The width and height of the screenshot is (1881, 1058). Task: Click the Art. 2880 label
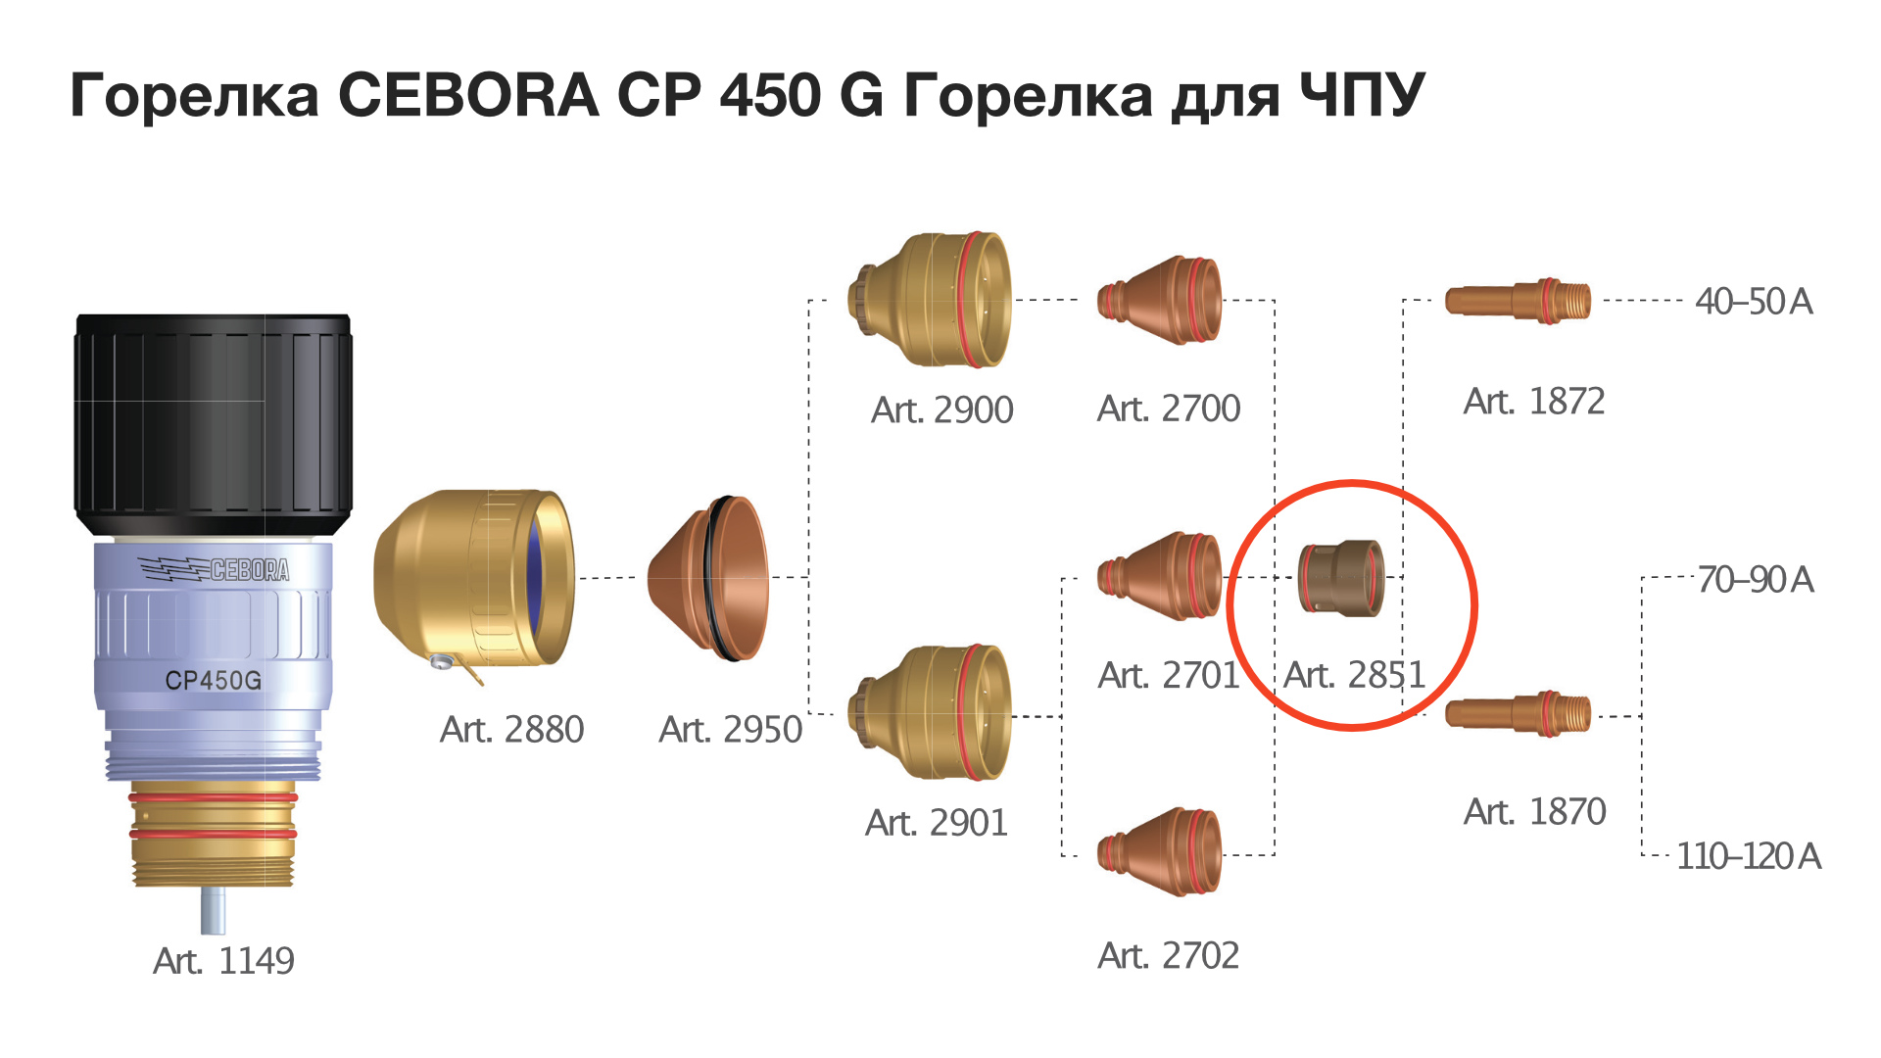[x=511, y=729]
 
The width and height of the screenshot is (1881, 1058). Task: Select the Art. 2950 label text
[x=730, y=729]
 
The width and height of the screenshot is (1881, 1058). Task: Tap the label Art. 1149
[x=223, y=960]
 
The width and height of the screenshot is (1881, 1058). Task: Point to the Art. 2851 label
[x=1354, y=674]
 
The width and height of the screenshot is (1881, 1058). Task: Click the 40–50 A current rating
[x=1754, y=301]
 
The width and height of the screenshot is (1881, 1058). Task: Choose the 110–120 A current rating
[x=1749, y=855]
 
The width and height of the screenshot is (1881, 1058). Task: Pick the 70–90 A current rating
[x=1756, y=579]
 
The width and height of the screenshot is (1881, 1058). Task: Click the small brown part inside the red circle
[x=1341, y=577]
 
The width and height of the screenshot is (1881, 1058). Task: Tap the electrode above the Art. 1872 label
[x=1518, y=301]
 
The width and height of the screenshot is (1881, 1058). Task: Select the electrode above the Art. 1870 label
[x=1518, y=713]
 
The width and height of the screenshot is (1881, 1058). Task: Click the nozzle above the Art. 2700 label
[x=1159, y=300]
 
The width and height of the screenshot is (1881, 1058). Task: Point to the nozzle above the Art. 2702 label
[x=1159, y=851]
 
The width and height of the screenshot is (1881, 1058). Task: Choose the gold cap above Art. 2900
[x=929, y=300]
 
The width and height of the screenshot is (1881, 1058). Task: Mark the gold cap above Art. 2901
[x=929, y=712]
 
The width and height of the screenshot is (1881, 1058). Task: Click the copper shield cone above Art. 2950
[x=708, y=578]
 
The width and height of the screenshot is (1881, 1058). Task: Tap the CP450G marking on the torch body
[x=213, y=680]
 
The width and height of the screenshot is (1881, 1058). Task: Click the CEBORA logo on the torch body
[x=214, y=568]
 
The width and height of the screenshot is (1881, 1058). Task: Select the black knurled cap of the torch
[x=214, y=425]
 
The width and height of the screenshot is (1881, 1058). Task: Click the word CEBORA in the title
[x=468, y=95]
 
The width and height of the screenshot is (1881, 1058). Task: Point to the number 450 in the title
[x=769, y=95]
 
